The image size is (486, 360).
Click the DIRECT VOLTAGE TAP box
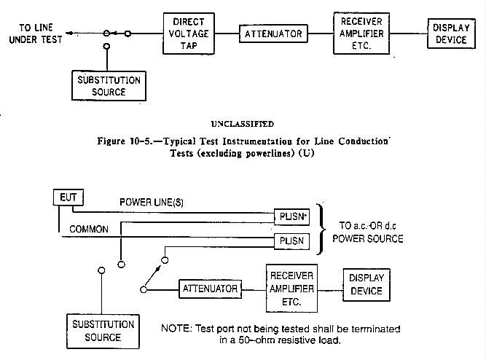click(x=189, y=33)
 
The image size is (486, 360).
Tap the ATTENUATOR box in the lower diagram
click(x=210, y=289)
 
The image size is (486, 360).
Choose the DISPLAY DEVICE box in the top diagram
click(x=450, y=33)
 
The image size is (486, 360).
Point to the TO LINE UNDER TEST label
click(x=31, y=34)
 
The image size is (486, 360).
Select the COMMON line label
click(x=89, y=229)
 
